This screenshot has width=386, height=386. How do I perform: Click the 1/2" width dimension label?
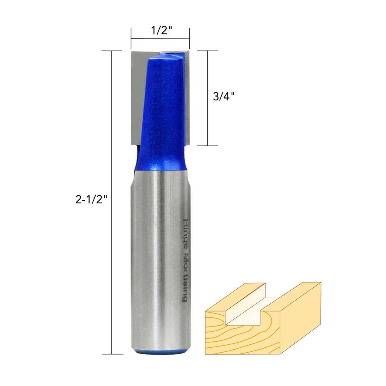point(162,30)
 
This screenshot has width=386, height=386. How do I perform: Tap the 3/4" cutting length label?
point(223,96)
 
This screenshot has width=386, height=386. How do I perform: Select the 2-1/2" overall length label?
point(91,200)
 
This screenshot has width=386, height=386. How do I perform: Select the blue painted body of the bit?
point(161,112)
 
